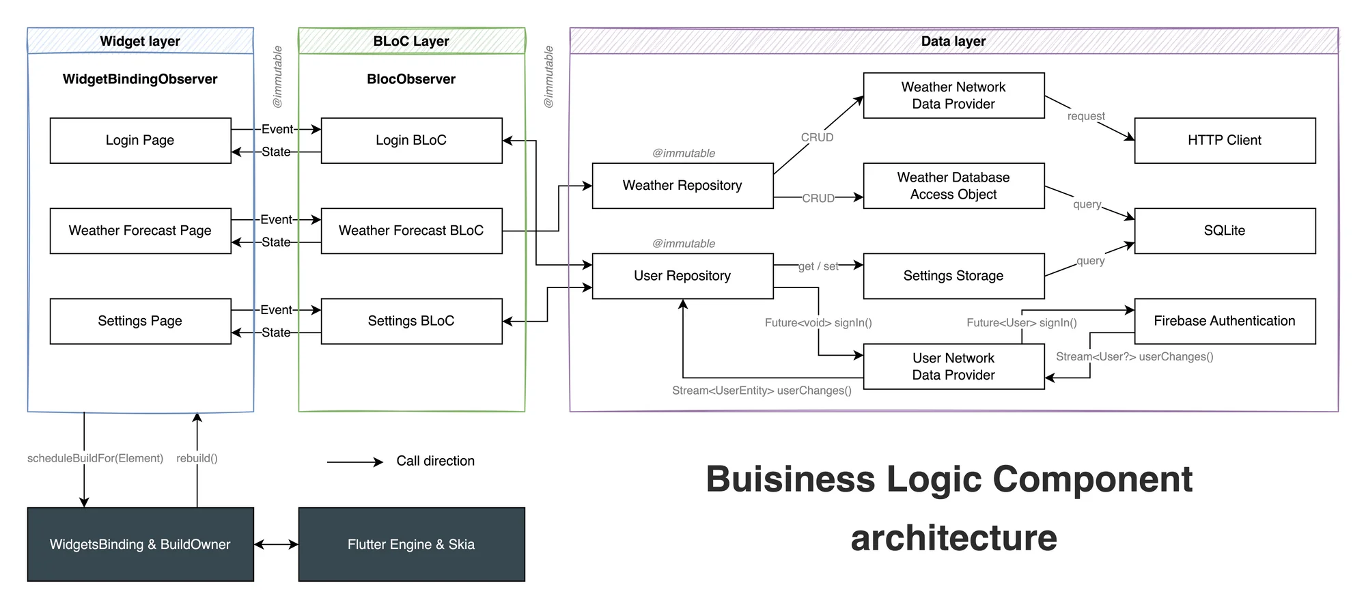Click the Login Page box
tap(140, 141)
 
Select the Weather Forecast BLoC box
tap(411, 231)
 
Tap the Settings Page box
tap(140, 321)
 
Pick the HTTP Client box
tap(1225, 141)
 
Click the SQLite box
tap(1225, 231)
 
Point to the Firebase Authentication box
tap(1225, 321)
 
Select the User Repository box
tap(682, 276)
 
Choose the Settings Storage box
tap(953, 276)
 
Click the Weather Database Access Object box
tap(953, 186)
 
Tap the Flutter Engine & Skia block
tap(411, 544)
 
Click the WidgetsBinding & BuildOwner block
tap(140, 544)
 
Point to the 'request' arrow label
tap(1086, 117)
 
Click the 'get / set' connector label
tap(818, 266)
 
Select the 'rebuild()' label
tap(197, 458)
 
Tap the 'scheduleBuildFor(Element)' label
tap(95, 458)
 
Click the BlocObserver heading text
tap(411, 79)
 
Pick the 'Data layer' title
tap(953, 41)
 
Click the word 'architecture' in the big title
tap(953, 538)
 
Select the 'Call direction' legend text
tap(435, 461)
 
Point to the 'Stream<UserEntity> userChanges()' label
tap(762, 391)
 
